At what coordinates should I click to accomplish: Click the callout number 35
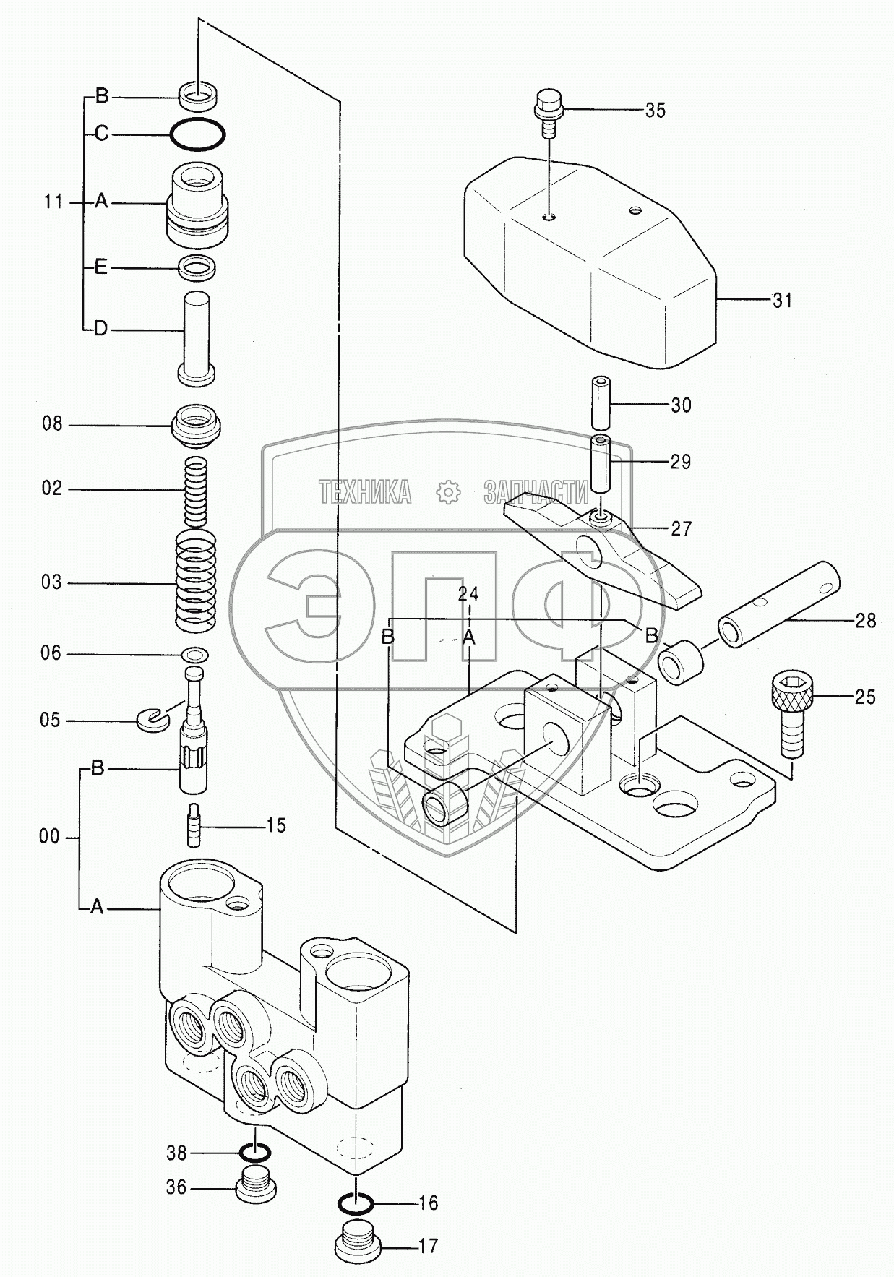655,111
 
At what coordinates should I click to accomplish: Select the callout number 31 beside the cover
783,301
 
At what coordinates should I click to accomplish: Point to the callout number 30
681,405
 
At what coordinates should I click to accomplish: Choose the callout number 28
865,621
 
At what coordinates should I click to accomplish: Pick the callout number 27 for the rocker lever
681,529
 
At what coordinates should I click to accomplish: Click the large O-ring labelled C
198,134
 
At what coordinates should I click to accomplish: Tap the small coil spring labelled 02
196,492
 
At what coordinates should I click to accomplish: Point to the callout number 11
53,202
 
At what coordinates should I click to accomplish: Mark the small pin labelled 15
194,824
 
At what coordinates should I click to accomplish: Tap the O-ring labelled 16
356,1203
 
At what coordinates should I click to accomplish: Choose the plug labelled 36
257,1187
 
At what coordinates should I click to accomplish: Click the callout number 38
176,1153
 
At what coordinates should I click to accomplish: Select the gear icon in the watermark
449,492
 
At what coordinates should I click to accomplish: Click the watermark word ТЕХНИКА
365,492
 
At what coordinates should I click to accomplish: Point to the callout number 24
468,594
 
